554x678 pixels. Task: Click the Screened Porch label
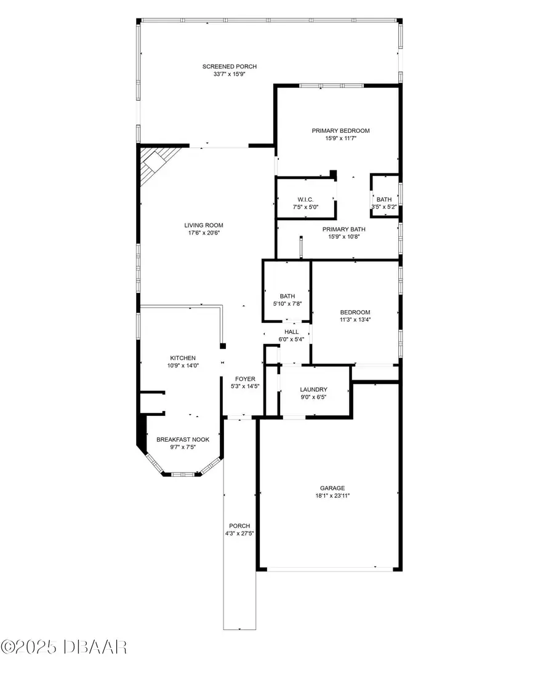click(x=230, y=66)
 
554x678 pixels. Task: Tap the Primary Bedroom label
click(x=340, y=130)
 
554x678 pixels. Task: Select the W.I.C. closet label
click(x=305, y=199)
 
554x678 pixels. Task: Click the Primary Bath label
click(x=340, y=229)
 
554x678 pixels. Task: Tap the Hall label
click(x=291, y=332)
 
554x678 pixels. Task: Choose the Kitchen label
click(x=183, y=357)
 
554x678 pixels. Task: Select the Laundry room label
click(x=313, y=389)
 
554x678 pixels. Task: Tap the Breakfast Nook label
click(x=183, y=439)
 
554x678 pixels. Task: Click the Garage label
click(x=332, y=488)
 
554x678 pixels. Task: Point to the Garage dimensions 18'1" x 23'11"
click(x=332, y=496)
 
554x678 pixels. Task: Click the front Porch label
click(x=239, y=525)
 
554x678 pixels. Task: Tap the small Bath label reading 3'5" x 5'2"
click(x=384, y=199)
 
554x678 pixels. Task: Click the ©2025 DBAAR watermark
click(x=64, y=647)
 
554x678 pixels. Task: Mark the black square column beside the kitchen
click(x=223, y=346)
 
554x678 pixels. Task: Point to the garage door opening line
click(x=329, y=567)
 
